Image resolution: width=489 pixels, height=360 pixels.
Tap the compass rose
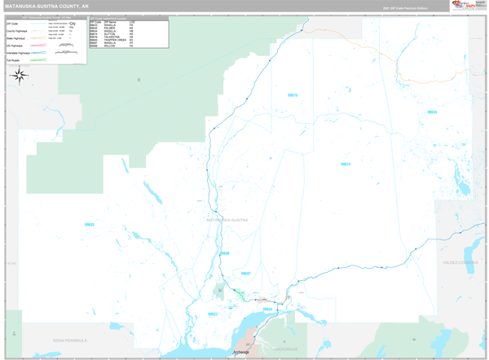(20, 76)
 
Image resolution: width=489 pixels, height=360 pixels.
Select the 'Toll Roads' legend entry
(14, 59)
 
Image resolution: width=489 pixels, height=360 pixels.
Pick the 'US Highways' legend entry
(15, 46)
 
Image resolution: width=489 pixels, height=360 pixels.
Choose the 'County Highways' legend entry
(16, 31)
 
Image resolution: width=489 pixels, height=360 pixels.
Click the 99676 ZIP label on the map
(293, 95)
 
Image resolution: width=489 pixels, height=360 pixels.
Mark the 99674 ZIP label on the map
(346, 165)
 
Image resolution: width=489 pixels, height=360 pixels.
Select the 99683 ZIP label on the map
(90, 224)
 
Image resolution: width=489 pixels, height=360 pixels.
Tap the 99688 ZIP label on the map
(225, 253)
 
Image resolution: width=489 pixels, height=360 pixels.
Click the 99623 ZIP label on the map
(214, 314)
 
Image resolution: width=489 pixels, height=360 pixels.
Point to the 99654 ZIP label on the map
(267, 310)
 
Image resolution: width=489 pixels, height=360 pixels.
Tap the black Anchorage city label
(241, 352)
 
